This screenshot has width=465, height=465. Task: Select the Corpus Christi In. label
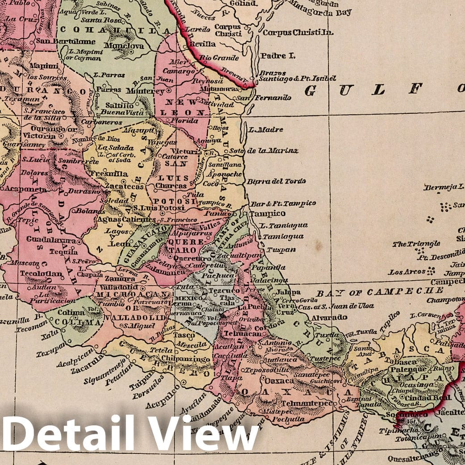[298, 33]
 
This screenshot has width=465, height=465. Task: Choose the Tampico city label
[267, 213]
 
